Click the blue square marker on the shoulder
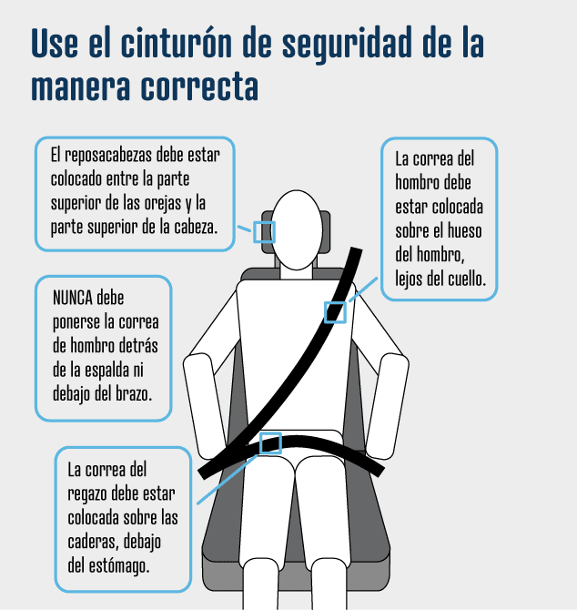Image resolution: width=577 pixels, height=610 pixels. coord(336,312)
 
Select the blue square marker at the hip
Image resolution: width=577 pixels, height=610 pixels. coord(270,443)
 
